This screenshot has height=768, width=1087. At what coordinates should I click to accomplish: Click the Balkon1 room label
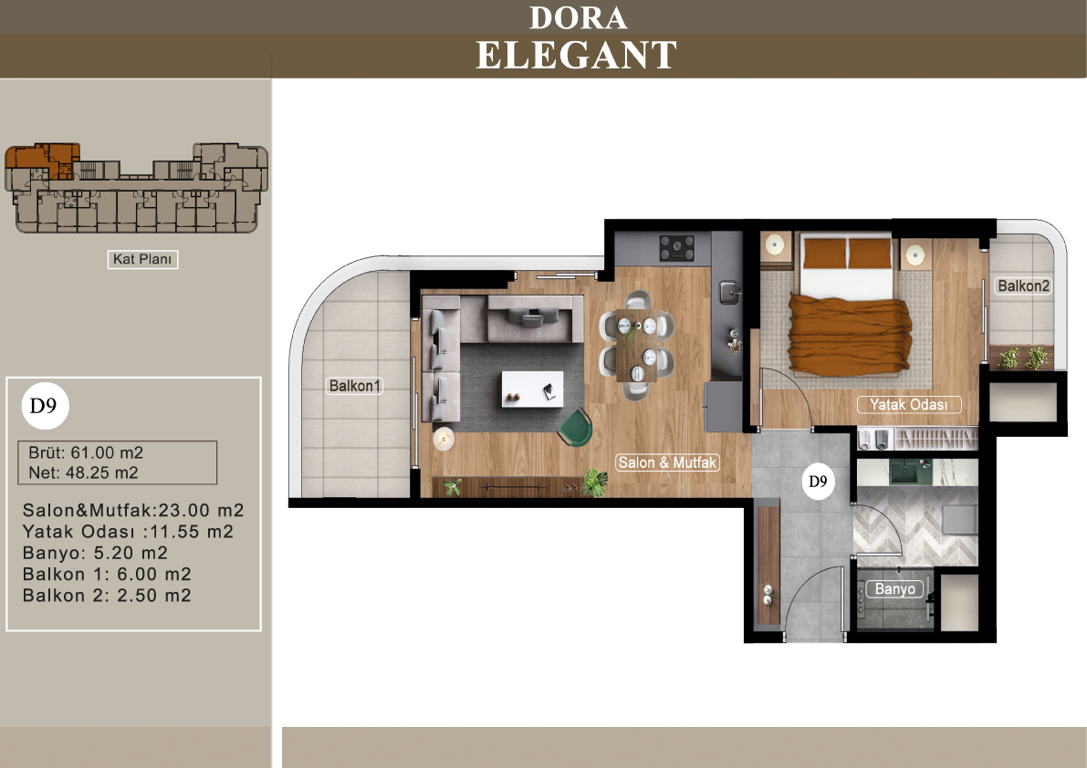[355, 386]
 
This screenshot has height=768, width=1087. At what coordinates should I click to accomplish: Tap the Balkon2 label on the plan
[1023, 286]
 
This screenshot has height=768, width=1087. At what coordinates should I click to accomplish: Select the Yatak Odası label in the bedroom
[909, 404]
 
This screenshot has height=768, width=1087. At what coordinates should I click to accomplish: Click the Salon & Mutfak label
[667, 462]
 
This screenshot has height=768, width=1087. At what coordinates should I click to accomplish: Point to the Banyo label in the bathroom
[895, 588]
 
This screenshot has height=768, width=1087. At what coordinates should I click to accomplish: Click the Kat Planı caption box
[142, 259]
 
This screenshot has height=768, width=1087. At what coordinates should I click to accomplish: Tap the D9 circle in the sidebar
[45, 406]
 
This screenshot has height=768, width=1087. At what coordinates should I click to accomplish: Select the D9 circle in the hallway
[818, 482]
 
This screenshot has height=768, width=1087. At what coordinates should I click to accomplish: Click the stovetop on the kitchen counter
[676, 248]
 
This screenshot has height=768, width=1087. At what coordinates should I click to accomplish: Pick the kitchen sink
[728, 292]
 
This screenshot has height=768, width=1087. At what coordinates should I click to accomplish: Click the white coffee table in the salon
[532, 389]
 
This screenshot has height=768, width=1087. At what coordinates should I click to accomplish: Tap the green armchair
[575, 427]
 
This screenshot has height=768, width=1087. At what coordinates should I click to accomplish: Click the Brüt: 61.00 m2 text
[86, 453]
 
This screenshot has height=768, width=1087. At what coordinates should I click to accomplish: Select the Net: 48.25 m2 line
[83, 473]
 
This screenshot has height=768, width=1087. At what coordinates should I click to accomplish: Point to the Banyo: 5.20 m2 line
[95, 554]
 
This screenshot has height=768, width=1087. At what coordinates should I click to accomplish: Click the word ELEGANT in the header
[576, 56]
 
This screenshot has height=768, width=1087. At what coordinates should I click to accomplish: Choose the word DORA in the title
[578, 18]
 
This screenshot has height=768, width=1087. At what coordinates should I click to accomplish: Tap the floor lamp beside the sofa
[443, 439]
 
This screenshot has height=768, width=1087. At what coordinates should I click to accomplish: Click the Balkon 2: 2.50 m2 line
[107, 596]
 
